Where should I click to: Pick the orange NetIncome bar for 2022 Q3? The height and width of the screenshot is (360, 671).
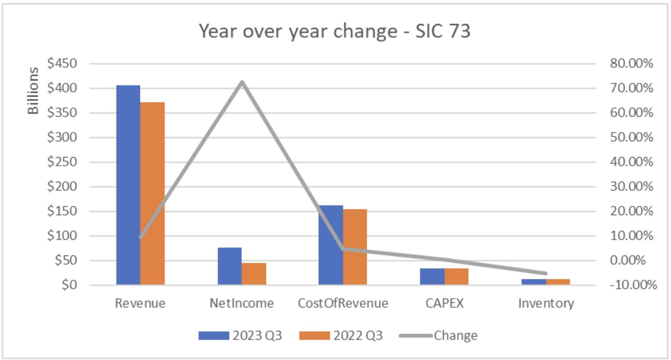pos(254,274)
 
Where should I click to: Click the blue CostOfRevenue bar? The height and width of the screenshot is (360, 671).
pos(330,245)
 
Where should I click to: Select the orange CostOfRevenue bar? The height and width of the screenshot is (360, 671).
pos(355,247)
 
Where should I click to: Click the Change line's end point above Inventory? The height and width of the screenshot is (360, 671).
pos(546,273)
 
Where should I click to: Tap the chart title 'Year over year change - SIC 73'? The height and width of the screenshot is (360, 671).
pos(335,31)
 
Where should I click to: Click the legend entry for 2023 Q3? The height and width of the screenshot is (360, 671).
pos(241,335)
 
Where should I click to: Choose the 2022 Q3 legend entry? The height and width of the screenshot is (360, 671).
pos(341,335)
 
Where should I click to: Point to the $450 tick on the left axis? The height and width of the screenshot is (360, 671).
pos(62,63)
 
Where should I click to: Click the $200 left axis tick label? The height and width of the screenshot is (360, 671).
pos(62,187)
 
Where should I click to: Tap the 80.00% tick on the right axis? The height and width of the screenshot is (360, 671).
pos(632,63)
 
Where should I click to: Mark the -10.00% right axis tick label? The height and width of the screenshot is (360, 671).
pos(633,285)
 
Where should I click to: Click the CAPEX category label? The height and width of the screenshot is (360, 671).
pos(444,303)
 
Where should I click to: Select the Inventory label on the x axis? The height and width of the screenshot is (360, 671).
pos(546,303)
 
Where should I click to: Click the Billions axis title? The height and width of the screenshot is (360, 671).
pos(33,91)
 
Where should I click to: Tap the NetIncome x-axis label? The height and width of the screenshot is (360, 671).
pos(241,303)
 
